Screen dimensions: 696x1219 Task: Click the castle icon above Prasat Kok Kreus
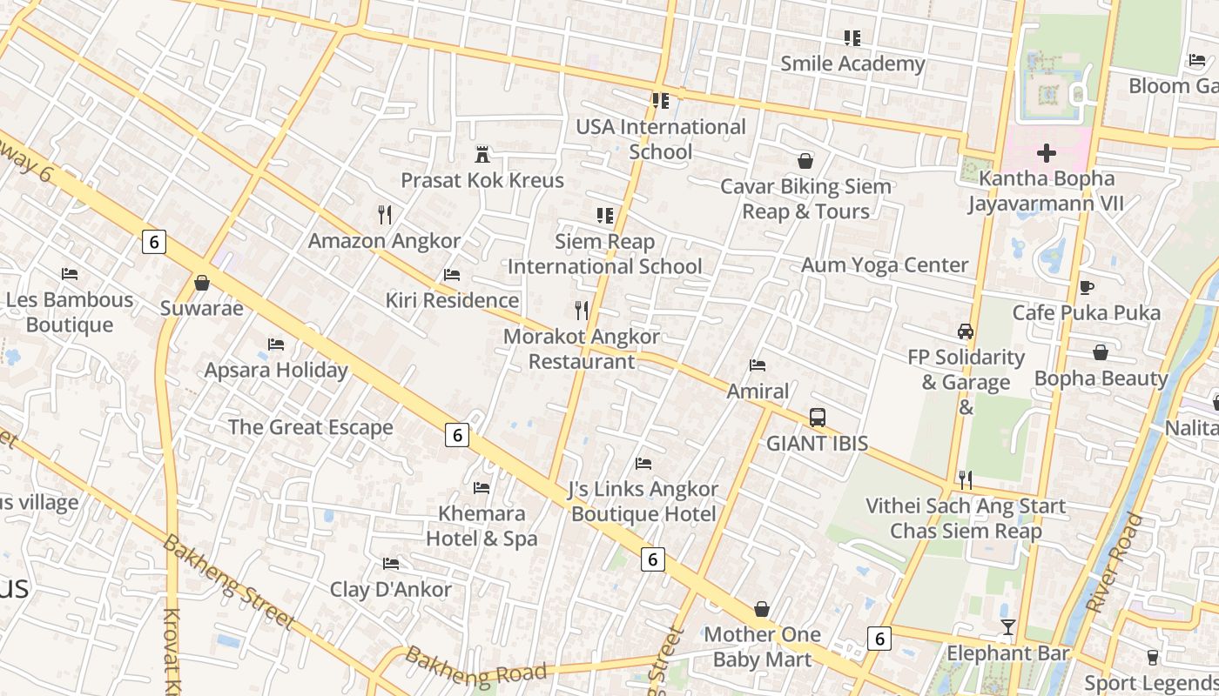pos(482,155)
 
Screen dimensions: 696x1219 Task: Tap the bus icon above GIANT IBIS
pos(817,418)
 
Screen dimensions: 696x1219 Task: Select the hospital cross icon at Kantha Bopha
pos(1046,154)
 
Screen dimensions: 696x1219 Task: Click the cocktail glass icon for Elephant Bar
pos(1007,627)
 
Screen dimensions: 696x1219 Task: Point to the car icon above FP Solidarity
pos(965,331)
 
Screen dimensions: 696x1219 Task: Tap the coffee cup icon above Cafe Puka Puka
pos(1086,287)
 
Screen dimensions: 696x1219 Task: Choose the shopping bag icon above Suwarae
pos(202,283)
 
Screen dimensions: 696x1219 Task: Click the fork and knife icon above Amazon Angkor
pos(384,214)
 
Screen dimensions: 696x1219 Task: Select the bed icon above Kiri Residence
pos(451,275)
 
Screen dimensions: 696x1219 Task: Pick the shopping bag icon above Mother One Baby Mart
pos(762,609)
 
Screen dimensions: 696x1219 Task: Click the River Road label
pos(1114,563)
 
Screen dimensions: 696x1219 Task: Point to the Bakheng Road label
pos(476,666)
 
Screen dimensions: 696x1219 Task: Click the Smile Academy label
pos(852,64)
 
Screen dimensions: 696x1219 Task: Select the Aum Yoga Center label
pos(884,265)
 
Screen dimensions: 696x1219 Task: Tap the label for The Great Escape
pos(310,427)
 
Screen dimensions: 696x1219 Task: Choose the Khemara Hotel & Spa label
pos(482,526)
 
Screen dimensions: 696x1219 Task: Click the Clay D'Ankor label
pos(390,589)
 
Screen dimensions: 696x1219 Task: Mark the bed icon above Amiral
pos(758,365)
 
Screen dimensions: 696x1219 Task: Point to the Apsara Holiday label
pos(275,370)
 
